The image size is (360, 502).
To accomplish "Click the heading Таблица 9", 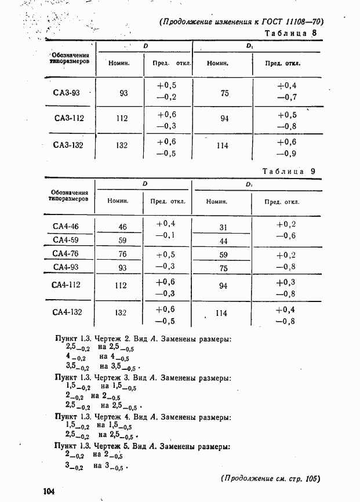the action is coord(288,172).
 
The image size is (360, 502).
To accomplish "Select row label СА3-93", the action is coord(67,92).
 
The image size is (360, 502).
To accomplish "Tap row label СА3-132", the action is coord(68,145).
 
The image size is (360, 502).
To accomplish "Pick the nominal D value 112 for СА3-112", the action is coord(122,119).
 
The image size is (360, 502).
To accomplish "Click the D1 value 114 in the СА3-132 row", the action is coord(222,146).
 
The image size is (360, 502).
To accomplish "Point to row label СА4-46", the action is coord(66,227).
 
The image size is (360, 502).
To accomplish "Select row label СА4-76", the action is coord(66,253).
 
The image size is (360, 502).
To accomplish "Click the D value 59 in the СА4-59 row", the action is coord(122,240).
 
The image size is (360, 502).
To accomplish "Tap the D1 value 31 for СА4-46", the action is coord(223,227).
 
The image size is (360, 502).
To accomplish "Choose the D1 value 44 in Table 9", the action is coord(223,241).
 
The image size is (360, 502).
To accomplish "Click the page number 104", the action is coord(48,492).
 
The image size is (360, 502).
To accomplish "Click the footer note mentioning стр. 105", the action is coord(270,479).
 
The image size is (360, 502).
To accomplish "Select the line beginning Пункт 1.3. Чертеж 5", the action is coord(143,446).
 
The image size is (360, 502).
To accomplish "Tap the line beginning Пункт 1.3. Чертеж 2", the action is coord(143,339).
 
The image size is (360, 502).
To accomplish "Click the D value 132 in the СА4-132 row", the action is coord(121,312).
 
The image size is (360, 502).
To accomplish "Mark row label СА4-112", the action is coord(66,285).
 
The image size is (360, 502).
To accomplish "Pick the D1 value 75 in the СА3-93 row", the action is coord(224,93).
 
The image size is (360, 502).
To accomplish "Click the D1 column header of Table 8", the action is coord(249,46).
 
